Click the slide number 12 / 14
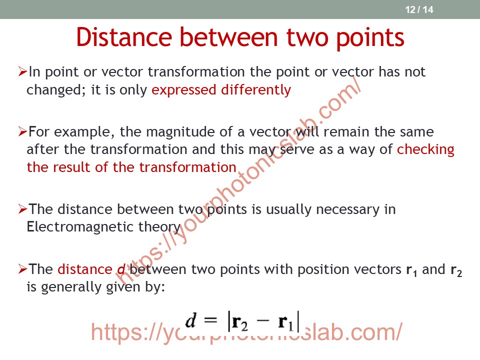tap(419, 9)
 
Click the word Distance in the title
tap(124, 37)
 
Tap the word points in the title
tap(370, 38)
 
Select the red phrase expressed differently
tap(221, 90)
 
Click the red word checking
tap(425, 149)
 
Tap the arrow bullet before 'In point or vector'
tap(23, 71)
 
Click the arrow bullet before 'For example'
tap(23, 131)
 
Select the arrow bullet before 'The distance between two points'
tap(23, 209)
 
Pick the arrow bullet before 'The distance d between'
tap(23, 269)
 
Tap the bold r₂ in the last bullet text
tap(456, 270)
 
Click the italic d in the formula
tap(190, 320)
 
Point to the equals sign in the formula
tap(210, 320)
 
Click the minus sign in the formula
tap(262, 320)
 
